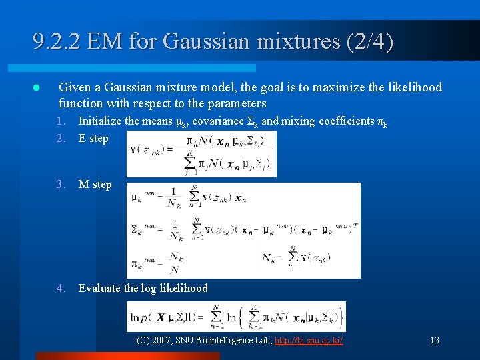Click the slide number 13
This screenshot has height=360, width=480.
[x=435, y=340]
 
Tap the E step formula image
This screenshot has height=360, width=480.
[x=201, y=153]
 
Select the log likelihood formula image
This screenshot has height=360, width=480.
[x=236, y=317]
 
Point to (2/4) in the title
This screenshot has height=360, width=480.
[x=370, y=43]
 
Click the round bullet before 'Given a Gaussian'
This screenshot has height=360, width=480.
[x=37, y=88]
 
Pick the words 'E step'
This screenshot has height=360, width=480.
[x=93, y=138]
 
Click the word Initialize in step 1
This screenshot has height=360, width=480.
[x=100, y=121]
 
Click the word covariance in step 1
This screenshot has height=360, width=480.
[x=215, y=121]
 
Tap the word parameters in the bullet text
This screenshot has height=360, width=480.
[x=237, y=103]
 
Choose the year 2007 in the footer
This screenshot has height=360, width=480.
[x=163, y=340]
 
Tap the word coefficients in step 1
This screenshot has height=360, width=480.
[x=347, y=121]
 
